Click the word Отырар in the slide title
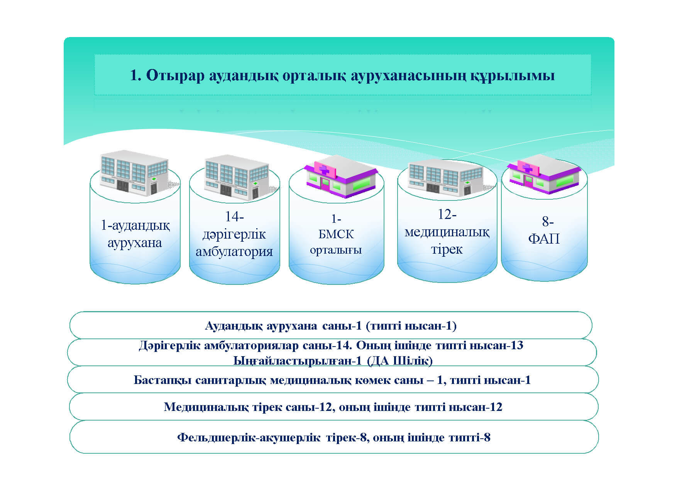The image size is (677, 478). click(175, 75)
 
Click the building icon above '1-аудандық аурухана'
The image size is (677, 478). click(134, 172)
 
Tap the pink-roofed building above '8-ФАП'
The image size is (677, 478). click(544, 174)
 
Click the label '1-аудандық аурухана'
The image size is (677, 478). click(135, 234)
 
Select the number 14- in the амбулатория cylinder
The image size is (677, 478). click(234, 217)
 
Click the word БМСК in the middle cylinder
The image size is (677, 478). click(336, 234)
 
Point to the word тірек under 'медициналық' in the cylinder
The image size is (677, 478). click(447, 249)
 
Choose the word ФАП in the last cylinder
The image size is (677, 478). click(543, 239)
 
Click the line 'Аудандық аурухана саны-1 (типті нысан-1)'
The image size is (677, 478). click(331, 326)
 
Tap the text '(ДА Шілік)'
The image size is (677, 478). click(399, 361)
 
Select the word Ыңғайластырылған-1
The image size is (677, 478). click(298, 361)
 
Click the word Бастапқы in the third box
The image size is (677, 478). click(162, 380)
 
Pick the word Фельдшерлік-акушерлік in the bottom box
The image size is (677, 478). click(249, 438)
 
